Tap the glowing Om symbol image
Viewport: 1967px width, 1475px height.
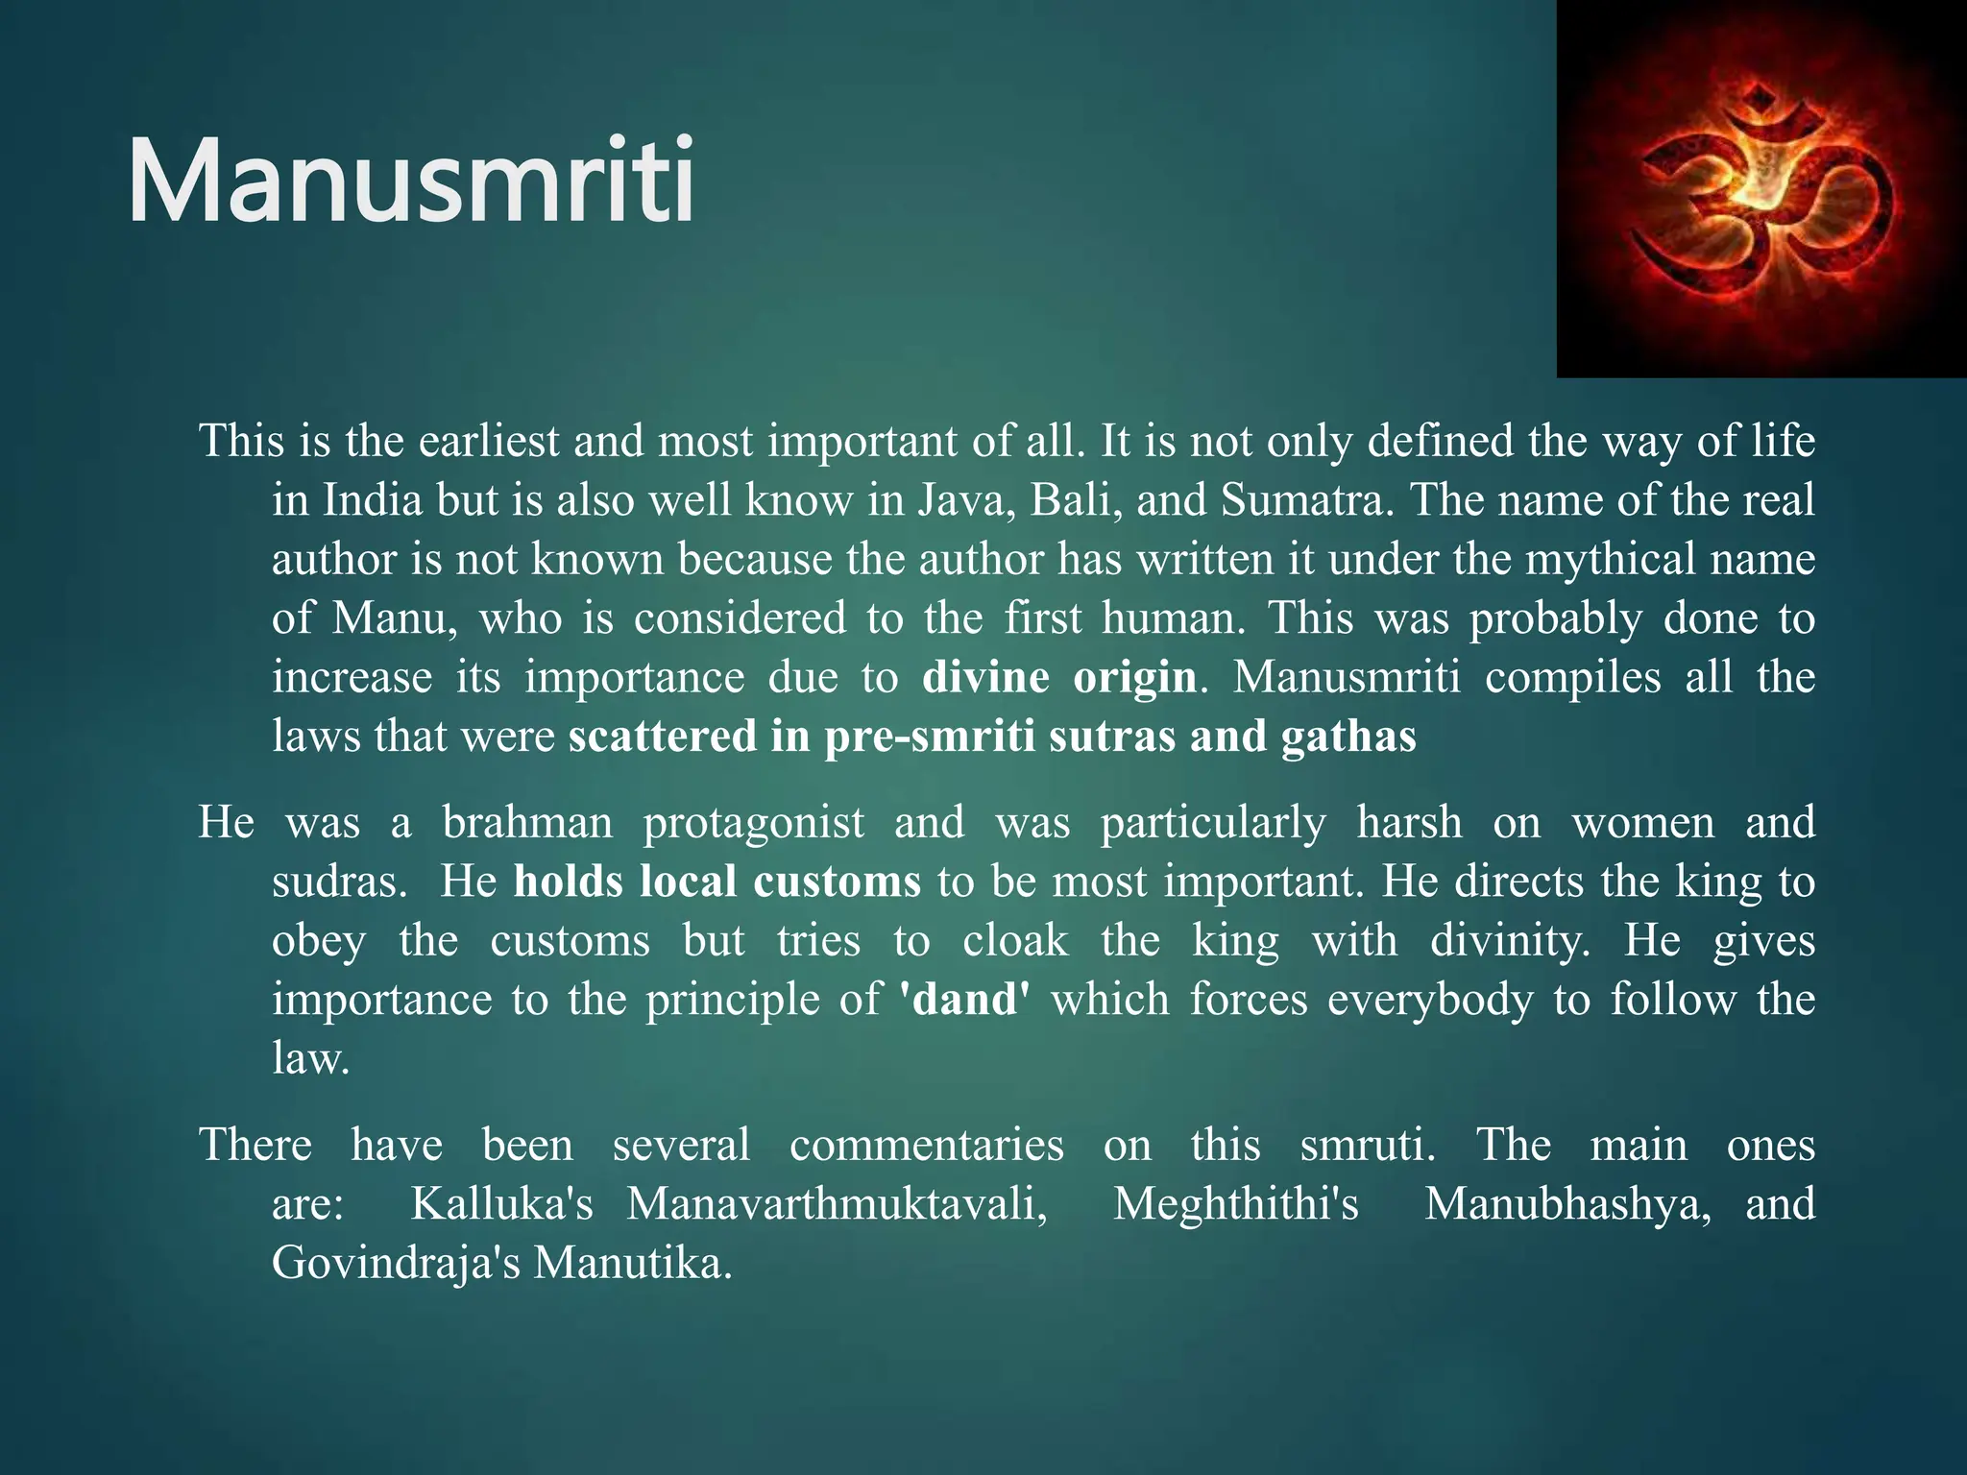pyautogui.click(x=1761, y=189)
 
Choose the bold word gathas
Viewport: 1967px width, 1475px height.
pyautogui.click(x=1348, y=737)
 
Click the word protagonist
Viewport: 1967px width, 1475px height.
pyautogui.click(x=753, y=823)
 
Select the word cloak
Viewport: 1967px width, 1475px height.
pyautogui.click(x=1015, y=940)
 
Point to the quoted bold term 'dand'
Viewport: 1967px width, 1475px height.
pyautogui.click(x=964, y=1000)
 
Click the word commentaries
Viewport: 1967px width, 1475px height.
pyautogui.click(x=926, y=1146)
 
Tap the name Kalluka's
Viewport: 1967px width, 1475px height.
pyautogui.click(x=502, y=1204)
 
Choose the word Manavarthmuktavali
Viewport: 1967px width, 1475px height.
pyautogui.click(x=837, y=1204)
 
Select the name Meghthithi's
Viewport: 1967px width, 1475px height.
pyautogui.click(x=1236, y=1204)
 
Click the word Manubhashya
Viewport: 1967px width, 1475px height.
pyautogui.click(x=1566, y=1204)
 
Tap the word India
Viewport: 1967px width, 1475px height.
pyautogui.click(x=373, y=500)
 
